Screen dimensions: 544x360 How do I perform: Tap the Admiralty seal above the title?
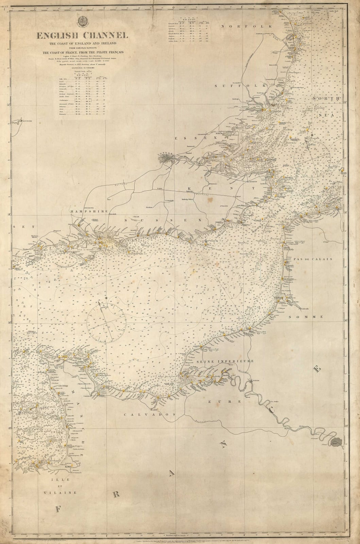[83, 22]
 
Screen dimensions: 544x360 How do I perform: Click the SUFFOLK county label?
[232, 86]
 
